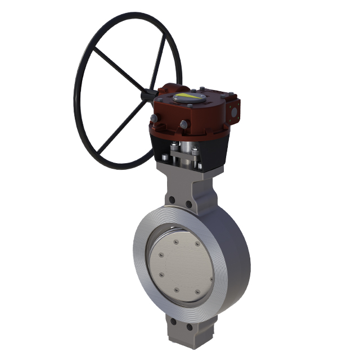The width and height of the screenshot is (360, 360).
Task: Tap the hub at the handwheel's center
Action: (x=148, y=96)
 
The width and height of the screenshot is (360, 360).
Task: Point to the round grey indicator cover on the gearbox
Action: (x=190, y=98)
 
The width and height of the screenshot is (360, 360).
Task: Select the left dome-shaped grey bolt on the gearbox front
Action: (x=154, y=119)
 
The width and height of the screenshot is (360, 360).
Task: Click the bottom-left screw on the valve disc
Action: (x=161, y=275)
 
